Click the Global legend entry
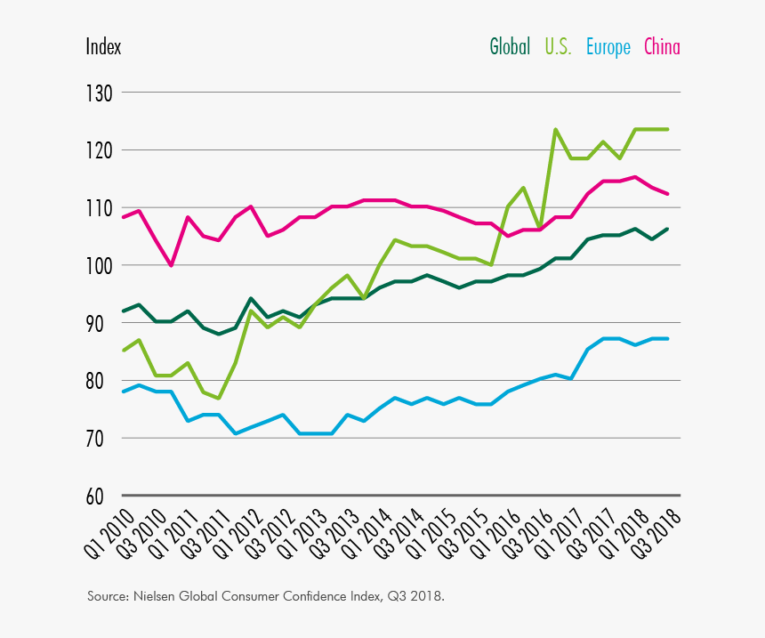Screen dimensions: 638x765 click(x=510, y=47)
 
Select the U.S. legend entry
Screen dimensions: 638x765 click(x=558, y=47)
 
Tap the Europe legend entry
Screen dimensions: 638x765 click(x=608, y=47)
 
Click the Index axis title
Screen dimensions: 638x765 click(x=103, y=47)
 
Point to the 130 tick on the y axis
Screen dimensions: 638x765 click(x=100, y=93)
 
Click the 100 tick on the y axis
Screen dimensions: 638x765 click(x=100, y=266)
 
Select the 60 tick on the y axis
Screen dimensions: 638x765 click(x=100, y=497)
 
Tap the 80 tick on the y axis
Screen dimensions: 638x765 click(x=100, y=381)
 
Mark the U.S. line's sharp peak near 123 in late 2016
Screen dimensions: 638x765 click(x=556, y=130)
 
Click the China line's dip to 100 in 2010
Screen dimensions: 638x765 click(x=171, y=265)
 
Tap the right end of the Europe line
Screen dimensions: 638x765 click(x=668, y=339)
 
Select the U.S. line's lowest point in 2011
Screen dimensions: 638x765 click(x=219, y=398)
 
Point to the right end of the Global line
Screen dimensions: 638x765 click(x=668, y=229)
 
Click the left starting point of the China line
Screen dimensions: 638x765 click(x=123, y=217)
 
